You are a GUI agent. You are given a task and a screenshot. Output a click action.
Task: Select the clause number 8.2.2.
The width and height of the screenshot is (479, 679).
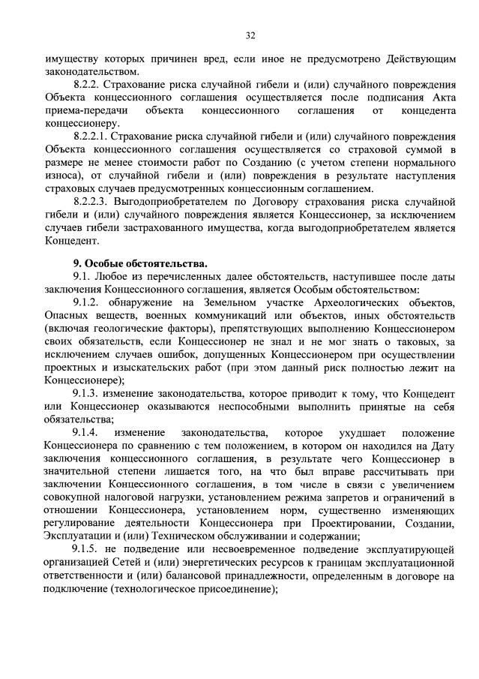click(88, 85)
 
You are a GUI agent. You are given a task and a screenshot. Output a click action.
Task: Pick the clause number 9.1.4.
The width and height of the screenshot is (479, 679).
click(86, 433)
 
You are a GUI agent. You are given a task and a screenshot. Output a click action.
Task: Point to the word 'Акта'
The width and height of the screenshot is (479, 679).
click(444, 98)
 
